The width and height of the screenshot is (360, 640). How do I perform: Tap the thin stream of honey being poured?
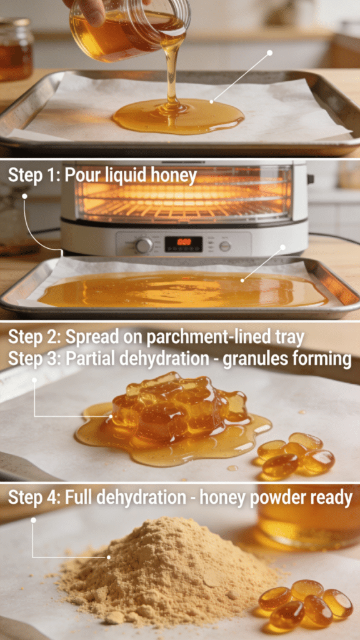(x=171, y=75)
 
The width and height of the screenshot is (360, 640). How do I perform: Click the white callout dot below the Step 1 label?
(x=25, y=196)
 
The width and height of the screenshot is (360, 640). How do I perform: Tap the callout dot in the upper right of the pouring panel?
(x=270, y=52)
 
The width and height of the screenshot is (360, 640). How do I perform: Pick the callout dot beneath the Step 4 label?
(x=33, y=519)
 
